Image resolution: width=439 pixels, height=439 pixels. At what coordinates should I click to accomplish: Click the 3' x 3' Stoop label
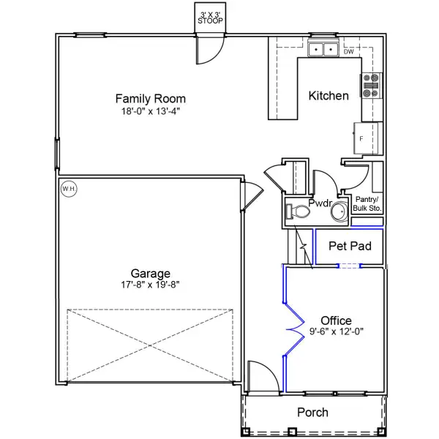pos(211,18)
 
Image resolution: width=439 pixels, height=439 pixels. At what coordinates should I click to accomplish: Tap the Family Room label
pos(151,99)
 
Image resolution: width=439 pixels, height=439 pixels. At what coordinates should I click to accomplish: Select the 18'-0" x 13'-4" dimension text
pos(151,112)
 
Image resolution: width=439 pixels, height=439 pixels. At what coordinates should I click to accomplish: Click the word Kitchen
pos(329,96)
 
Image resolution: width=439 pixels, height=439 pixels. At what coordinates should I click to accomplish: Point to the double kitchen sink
pos(323,50)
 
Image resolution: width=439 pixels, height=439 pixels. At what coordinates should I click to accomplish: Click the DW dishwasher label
pos(349,52)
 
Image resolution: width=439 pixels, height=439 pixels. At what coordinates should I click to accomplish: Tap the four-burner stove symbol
pos(371,86)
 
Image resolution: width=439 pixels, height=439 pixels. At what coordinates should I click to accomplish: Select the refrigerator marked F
pos(368,138)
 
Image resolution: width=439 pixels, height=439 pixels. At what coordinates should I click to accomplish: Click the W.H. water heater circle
pos(69,189)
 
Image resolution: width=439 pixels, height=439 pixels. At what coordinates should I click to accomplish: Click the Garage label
pos(151,273)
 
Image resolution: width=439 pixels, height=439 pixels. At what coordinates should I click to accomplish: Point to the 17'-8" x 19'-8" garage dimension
pos(151,285)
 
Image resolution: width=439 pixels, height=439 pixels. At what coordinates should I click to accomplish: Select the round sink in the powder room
pos(339,212)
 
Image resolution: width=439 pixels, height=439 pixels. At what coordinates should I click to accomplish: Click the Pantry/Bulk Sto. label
pos(367,203)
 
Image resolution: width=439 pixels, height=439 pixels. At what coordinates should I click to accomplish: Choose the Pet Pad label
pos(350,247)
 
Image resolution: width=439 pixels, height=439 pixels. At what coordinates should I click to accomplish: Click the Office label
pos(336,320)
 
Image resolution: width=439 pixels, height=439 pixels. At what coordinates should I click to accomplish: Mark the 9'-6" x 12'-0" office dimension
pos(336,332)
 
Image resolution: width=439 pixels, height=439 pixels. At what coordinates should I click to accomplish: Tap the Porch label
pos(312,413)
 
